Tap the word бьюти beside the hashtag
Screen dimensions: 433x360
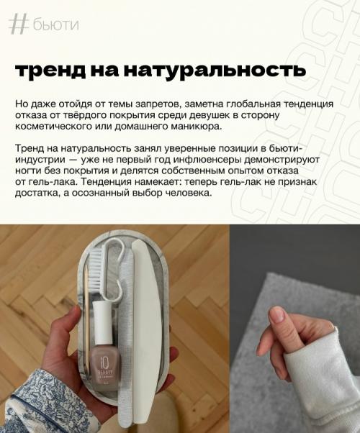pyautogui.click(x=55, y=25)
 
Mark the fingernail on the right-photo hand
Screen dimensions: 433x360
pyautogui.click(x=277, y=314)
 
